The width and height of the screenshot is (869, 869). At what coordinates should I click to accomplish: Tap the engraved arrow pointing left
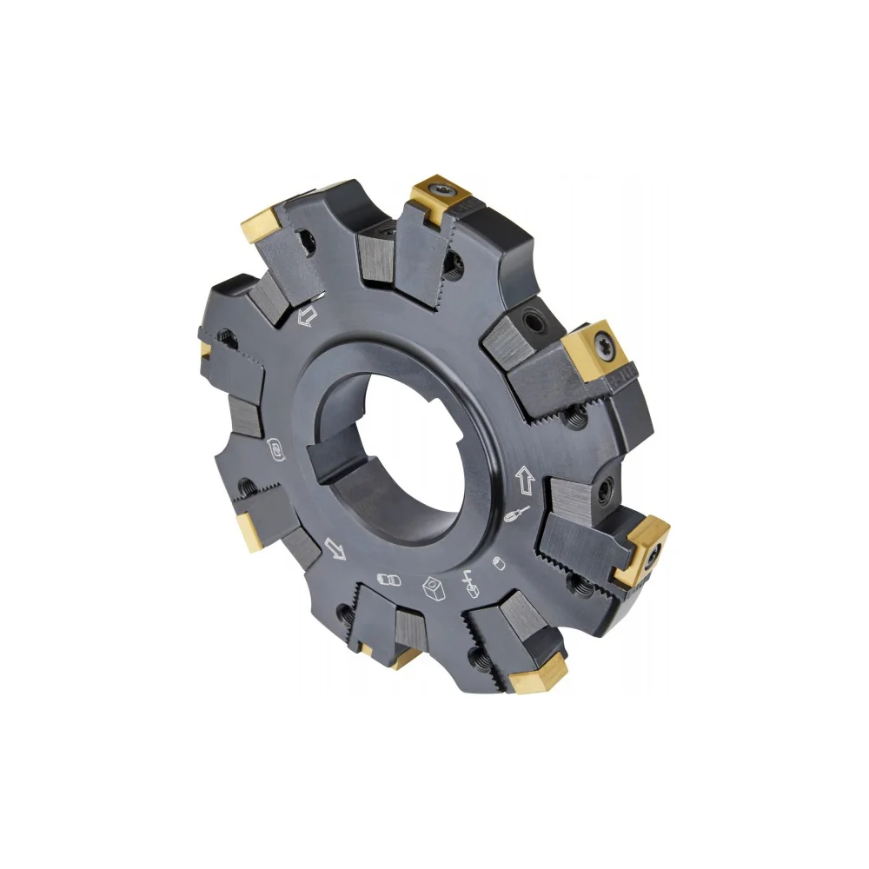[306, 318]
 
